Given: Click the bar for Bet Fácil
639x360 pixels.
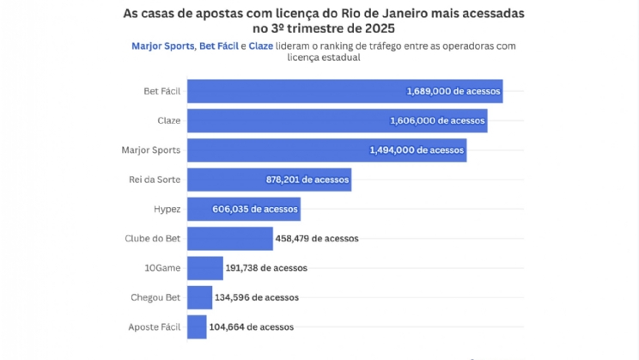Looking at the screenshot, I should point(344,91).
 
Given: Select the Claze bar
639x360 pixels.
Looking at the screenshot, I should point(337,120).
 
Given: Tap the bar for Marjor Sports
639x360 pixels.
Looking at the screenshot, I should point(326,150).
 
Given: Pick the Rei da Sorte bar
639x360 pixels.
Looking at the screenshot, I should point(269,180).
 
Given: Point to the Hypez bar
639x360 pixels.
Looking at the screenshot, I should point(243,209).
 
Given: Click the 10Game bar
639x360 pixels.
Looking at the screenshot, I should point(204,268).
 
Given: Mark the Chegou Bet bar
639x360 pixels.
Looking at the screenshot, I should point(199,297).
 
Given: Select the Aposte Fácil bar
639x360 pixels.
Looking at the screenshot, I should point(197,326).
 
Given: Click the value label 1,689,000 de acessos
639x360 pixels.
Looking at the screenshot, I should point(452,91).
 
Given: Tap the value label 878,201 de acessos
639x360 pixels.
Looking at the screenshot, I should point(307,180).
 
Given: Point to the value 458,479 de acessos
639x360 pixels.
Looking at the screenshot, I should point(317,238).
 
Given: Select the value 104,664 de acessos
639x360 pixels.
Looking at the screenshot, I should point(252,326).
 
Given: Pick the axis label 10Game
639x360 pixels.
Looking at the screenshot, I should point(162,268).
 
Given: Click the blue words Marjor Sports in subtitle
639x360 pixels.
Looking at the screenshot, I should point(163,45).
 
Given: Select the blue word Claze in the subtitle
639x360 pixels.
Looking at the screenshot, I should point(262,45).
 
